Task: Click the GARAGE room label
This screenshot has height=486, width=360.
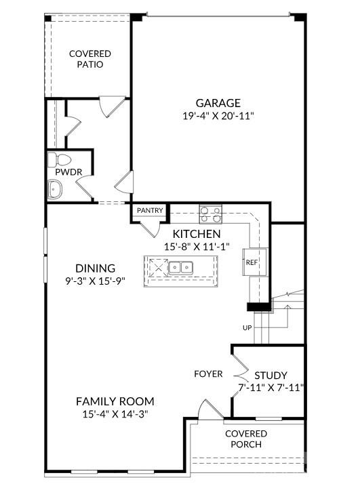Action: [218, 103]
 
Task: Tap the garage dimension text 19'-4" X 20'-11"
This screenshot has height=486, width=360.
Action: [218, 116]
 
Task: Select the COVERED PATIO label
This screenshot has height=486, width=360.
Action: [90, 59]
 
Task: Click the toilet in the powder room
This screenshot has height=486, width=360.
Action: [59, 159]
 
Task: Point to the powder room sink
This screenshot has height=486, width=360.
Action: [54, 188]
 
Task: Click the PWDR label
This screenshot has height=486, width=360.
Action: [68, 172]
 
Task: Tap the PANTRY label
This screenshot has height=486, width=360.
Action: [150, 210]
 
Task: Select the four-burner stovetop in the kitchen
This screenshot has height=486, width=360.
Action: [211, 214]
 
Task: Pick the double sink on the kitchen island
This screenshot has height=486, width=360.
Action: [180, 267]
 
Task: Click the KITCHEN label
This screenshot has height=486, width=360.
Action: [197, 234]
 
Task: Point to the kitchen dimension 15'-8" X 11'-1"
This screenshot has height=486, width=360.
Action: [197, 247]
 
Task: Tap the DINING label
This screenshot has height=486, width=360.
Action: [95, 268]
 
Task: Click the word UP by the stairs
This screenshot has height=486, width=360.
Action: [247, 327]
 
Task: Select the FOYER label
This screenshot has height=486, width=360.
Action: [208, 373]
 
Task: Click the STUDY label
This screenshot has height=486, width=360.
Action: [271, 376]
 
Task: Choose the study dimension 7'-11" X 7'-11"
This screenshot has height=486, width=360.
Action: [271, 388]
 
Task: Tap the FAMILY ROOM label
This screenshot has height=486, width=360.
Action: [115, 401]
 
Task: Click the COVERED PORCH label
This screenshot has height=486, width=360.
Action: [246, 439]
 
